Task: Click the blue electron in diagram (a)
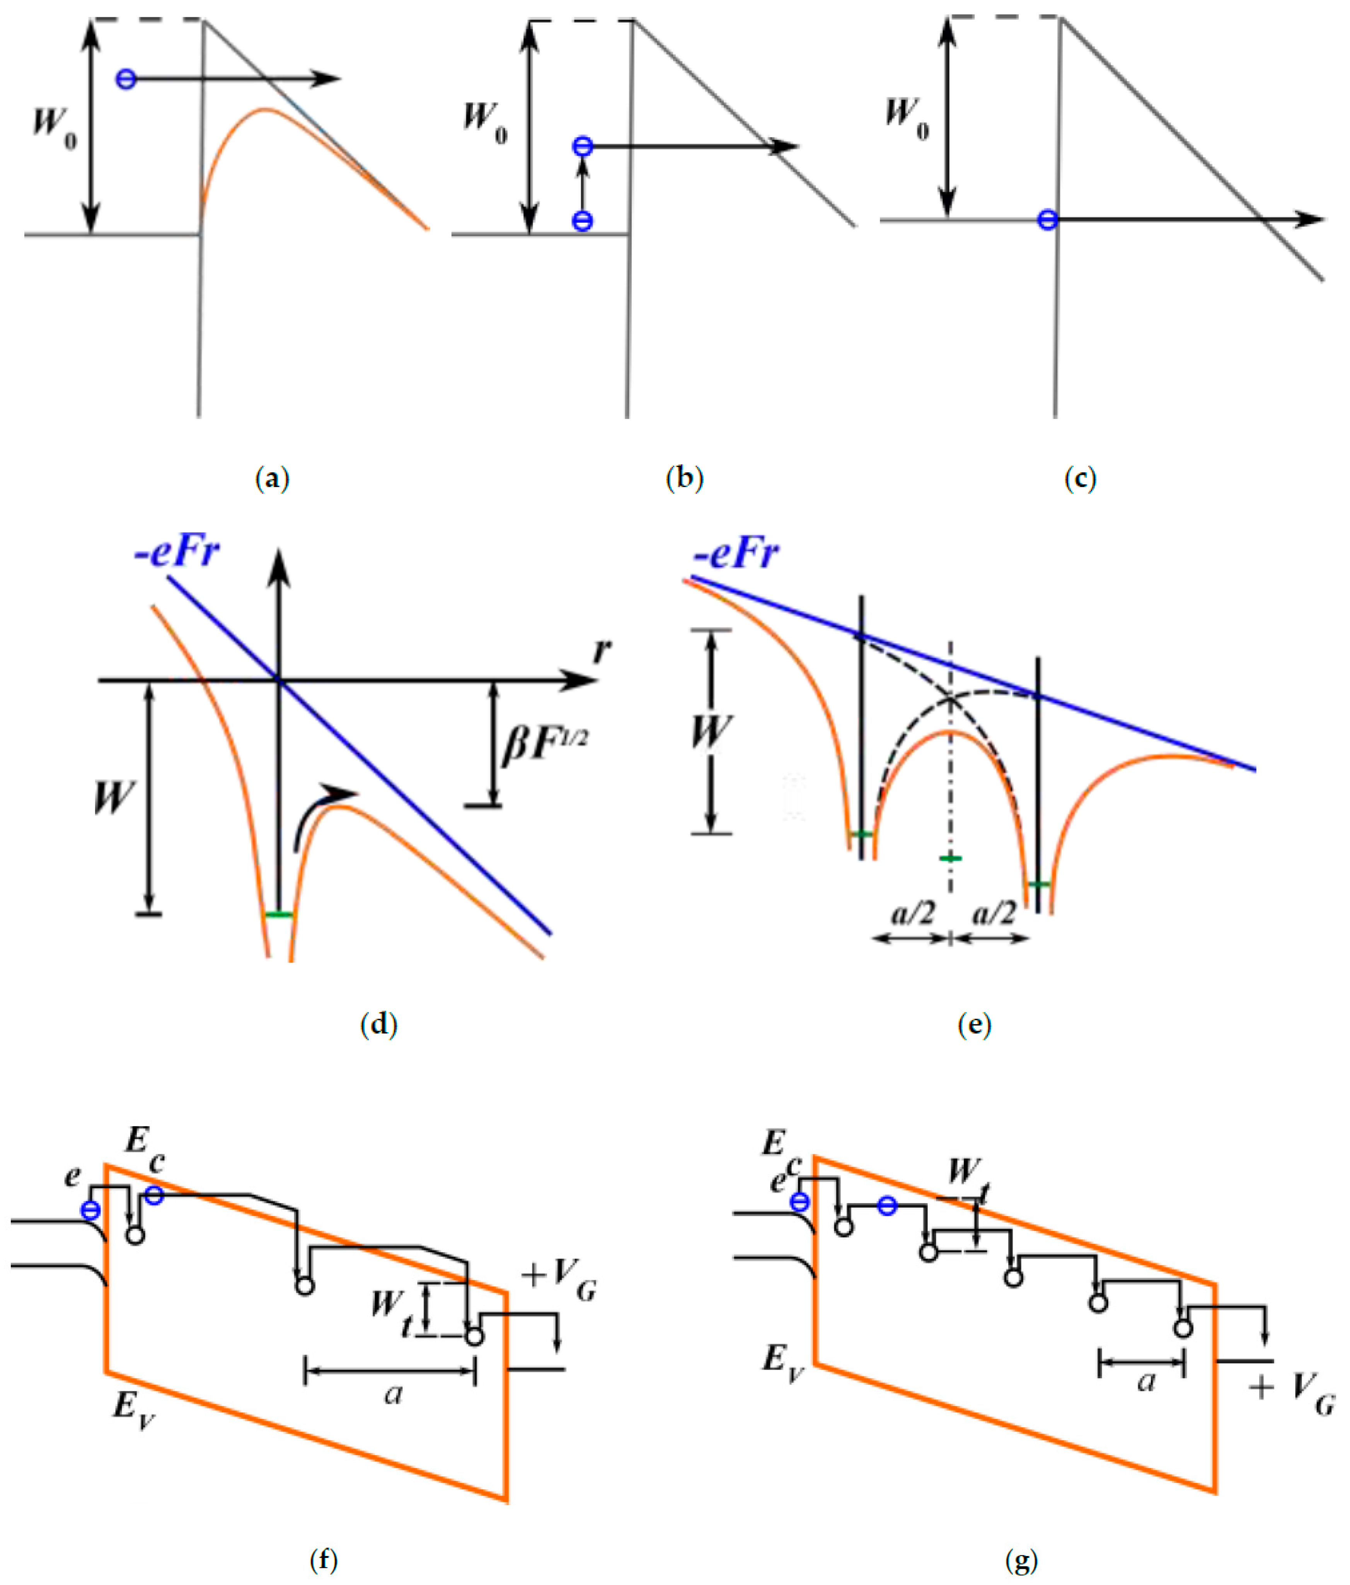[126, 79]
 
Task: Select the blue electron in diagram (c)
[1047, 220]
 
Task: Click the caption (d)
[378, 1024]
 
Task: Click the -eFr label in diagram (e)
[736, 553]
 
